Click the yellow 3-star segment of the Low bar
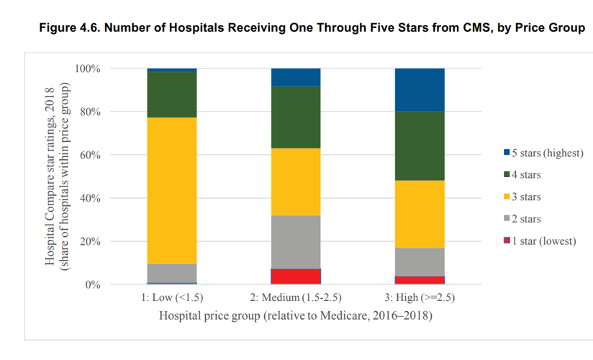coord(171,191)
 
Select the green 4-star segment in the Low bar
coord(171,94)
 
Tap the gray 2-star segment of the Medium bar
coord(295,242)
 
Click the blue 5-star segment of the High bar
coord(420,90)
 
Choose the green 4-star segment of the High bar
coord(420,146)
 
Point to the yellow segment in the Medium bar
coord(295,182)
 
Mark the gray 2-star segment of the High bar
coord(420,262)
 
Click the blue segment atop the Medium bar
coord(295,78)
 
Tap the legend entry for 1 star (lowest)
coord(543,240)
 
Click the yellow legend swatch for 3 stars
coord(507,197)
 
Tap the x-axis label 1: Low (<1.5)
coord(171,298)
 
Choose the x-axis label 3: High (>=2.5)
coord(420,298)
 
